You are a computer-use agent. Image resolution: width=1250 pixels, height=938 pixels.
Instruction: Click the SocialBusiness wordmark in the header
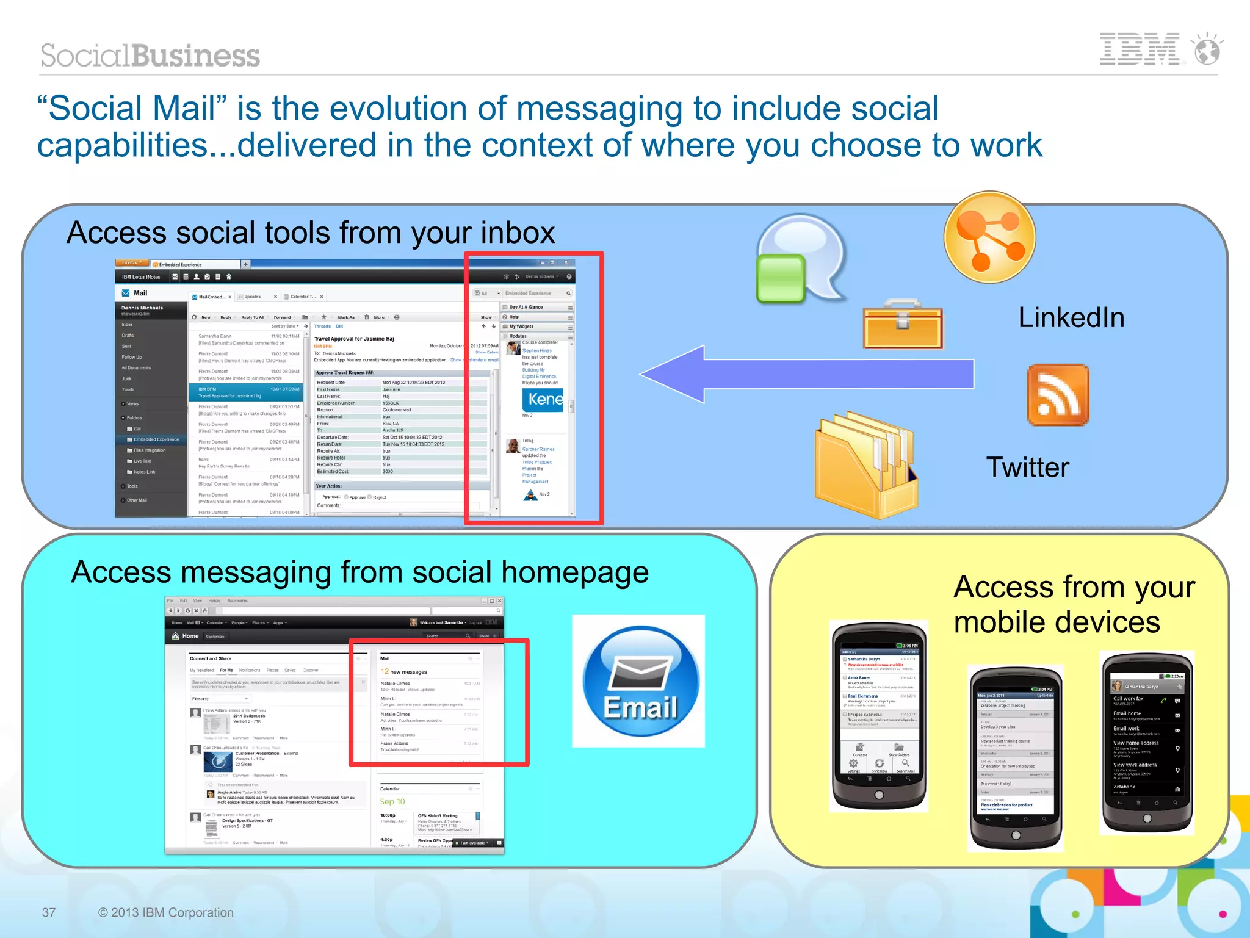pos(150,56)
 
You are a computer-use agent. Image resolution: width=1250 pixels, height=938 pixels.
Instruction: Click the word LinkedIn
pos(1071,318)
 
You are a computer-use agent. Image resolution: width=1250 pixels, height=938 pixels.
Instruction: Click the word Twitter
pos(1028,467)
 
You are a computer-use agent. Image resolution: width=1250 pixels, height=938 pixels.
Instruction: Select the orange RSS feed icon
pos(1058,395)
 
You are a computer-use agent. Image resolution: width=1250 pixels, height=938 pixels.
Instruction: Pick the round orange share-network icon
pos(989,237)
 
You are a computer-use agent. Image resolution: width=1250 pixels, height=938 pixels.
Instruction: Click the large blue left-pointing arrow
pos(806,373)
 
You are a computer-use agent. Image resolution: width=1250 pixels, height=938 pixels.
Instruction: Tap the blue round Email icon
pos(640,680)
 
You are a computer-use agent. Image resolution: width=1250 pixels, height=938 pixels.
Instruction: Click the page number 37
pos(49,912)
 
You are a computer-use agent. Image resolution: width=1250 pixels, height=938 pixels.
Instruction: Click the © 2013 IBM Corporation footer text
pos(165,912)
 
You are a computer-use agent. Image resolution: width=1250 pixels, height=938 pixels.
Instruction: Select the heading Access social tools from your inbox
pos(311,233)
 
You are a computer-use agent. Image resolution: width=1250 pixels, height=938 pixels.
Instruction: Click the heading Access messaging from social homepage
pos(359,572)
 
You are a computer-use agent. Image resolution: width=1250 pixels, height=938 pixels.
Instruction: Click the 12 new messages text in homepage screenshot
pos(404,671)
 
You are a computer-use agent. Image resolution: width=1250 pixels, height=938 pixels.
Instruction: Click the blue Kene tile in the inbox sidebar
pos(543,400)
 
